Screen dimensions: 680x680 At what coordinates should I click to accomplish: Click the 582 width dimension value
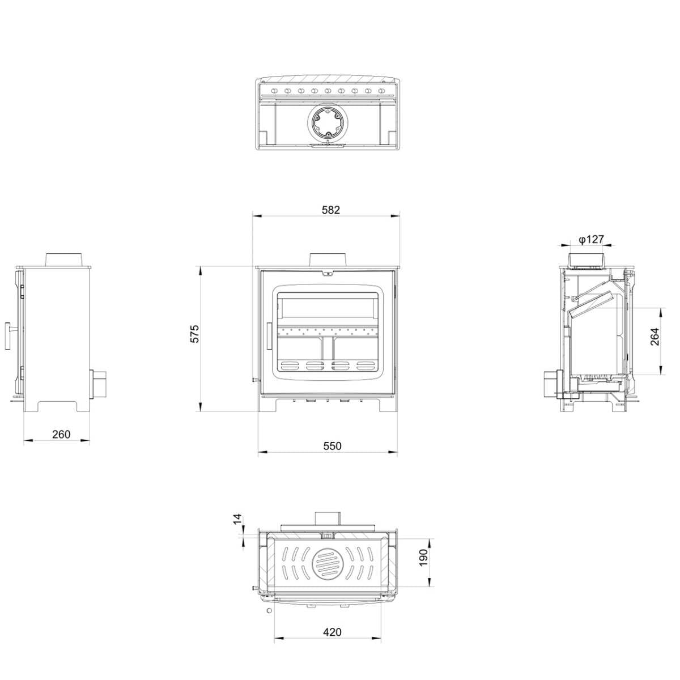330,210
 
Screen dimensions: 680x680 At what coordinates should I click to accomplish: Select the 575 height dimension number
195,333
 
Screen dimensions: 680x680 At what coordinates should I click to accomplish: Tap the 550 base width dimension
332,446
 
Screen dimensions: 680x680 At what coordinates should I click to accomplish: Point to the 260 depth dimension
61,434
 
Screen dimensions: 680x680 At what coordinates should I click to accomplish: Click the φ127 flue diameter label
591,239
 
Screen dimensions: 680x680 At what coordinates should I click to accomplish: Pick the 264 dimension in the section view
654,337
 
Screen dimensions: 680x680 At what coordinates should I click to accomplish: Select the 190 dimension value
423,558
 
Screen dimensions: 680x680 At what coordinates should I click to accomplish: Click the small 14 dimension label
237,518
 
